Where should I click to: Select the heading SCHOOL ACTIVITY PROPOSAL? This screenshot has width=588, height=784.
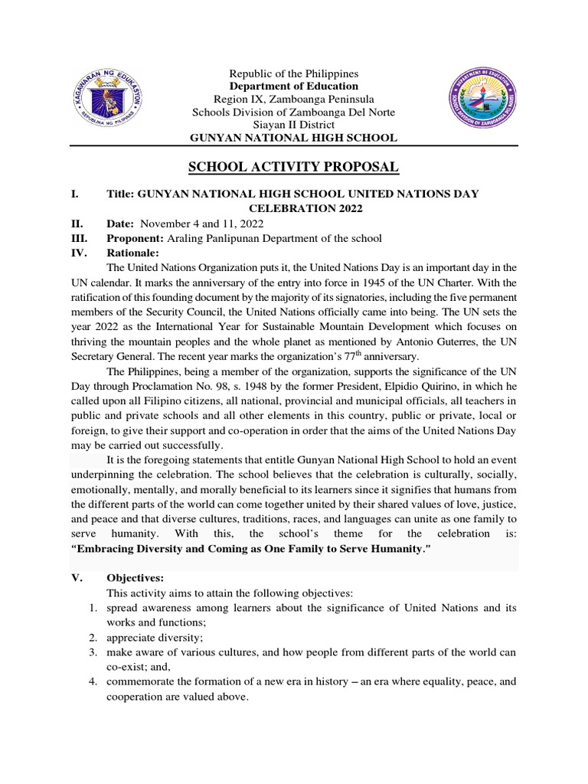click(x=294, y=168)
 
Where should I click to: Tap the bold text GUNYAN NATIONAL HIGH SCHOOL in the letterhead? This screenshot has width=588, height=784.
click(x=294, y=138)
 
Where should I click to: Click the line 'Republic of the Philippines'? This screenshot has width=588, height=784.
click(x=294, y=73)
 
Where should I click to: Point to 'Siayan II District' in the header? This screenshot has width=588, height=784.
click(x=294, y=125)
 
